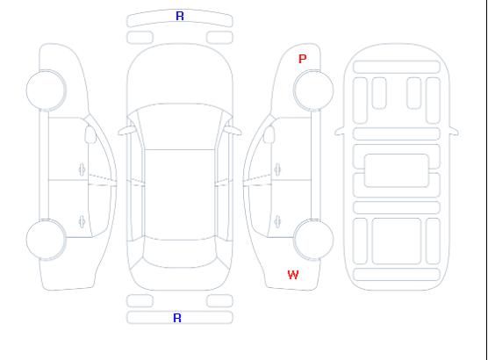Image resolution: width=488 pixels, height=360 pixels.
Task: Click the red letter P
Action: click(x=302, y=59)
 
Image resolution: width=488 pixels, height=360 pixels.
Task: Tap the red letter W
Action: click(x=293, y=275)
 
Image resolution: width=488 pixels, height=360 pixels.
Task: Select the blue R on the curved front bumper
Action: click(x=180, y=16)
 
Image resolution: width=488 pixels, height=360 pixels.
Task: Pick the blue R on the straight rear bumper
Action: click(x=177, y=318)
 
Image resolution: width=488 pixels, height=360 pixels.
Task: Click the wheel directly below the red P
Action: click(x=313, y=90)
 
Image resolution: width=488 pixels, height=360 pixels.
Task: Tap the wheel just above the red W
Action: click(x=313, y=239)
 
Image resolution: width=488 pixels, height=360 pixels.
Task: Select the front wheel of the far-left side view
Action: click(x=46, y=90)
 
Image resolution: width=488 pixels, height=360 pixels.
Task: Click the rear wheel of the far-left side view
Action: click(x=46, y=240)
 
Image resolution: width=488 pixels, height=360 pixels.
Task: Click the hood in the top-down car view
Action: click(x=180, y=75)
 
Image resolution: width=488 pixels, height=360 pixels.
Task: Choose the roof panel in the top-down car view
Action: click(x=180, y=195)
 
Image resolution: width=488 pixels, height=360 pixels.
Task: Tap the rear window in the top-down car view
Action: click(x=180, y=253)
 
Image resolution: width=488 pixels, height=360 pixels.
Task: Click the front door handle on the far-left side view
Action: click(x=82, y=169)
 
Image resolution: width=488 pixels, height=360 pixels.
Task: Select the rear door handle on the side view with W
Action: click(x=277, y=221)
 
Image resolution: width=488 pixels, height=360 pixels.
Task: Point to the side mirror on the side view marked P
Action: click(x=269, y=134)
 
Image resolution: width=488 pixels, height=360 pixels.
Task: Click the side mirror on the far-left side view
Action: click(x=90, y=134)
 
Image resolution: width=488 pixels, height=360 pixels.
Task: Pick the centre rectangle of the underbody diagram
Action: click(x=397, y=170)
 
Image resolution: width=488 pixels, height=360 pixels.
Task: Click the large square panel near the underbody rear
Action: click(x=397, y=241)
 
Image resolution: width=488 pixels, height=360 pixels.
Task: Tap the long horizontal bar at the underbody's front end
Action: click(x=397, y=67)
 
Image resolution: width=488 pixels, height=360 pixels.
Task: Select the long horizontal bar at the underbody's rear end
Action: click(x=397, y=274)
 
